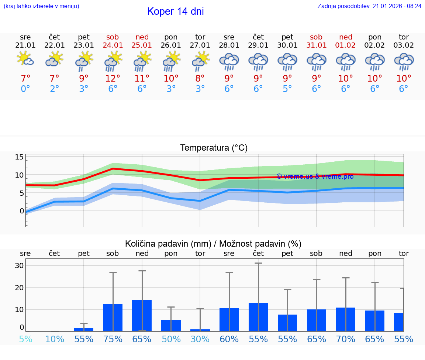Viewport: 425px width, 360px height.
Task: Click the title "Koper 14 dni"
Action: (x=175, y=11)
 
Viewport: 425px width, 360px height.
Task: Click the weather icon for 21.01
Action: (x=25, y=59)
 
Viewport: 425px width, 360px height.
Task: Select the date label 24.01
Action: (x=113, y=45)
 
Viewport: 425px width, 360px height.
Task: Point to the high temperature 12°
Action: (x=113, y=79)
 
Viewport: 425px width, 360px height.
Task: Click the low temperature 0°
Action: (x=25, y=89)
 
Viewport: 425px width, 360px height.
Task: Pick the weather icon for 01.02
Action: (x=346, y=61)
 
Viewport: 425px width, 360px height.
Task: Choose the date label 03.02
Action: (x=404, y=45)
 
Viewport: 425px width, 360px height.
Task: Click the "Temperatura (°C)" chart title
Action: (x=214, y=148)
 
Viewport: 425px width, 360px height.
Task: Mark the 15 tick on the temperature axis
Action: (x=19, y=157)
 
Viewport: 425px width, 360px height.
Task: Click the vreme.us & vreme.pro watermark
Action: (x=315, y=176)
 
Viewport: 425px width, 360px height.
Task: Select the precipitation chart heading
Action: (x=213, y=244)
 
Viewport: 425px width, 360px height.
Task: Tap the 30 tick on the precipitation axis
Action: (x=19, y=265)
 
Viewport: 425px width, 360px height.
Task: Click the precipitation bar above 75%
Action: (x=113, y=318)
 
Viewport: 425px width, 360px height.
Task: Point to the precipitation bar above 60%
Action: (x=229, y=319)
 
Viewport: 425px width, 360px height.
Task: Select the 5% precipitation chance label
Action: (x=25, y=339)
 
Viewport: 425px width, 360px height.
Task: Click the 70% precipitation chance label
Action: (x=346, y=339)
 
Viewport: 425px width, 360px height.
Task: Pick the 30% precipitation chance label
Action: (x=200, y=339)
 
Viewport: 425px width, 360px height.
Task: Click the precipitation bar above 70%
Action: (x=346, y=319)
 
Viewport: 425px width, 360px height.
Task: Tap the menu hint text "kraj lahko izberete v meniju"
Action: (x=41, y=6)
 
